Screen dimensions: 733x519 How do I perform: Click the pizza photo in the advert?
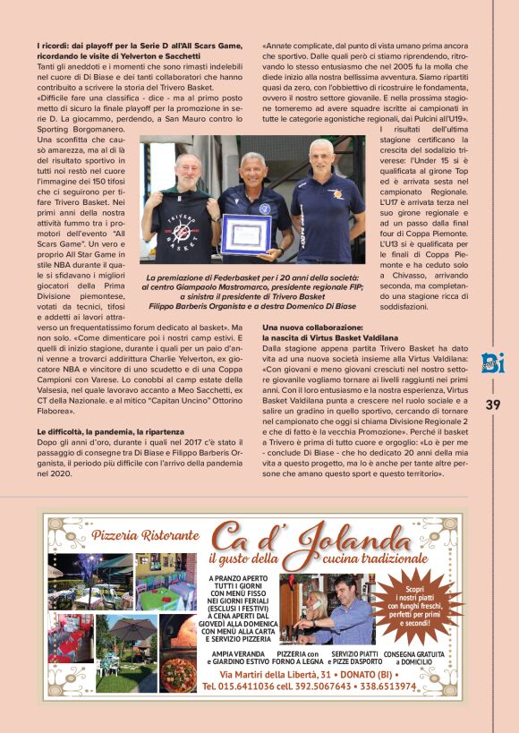tap(179, 671)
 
